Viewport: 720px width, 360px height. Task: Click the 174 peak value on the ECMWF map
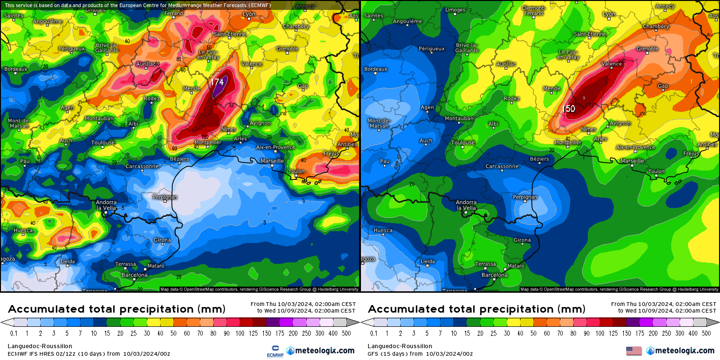217,82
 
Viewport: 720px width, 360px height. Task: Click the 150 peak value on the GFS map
568,109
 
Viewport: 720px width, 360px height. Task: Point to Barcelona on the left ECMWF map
135,275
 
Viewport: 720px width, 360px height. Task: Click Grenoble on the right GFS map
648,49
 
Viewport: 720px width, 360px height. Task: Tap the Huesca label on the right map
383,231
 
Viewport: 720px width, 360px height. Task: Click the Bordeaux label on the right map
376,69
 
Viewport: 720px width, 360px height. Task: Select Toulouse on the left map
103,143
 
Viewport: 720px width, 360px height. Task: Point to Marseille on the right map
632,161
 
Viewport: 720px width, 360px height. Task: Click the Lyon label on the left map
249,14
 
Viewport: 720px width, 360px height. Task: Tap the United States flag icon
634,351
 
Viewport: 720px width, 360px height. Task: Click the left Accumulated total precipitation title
117,309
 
